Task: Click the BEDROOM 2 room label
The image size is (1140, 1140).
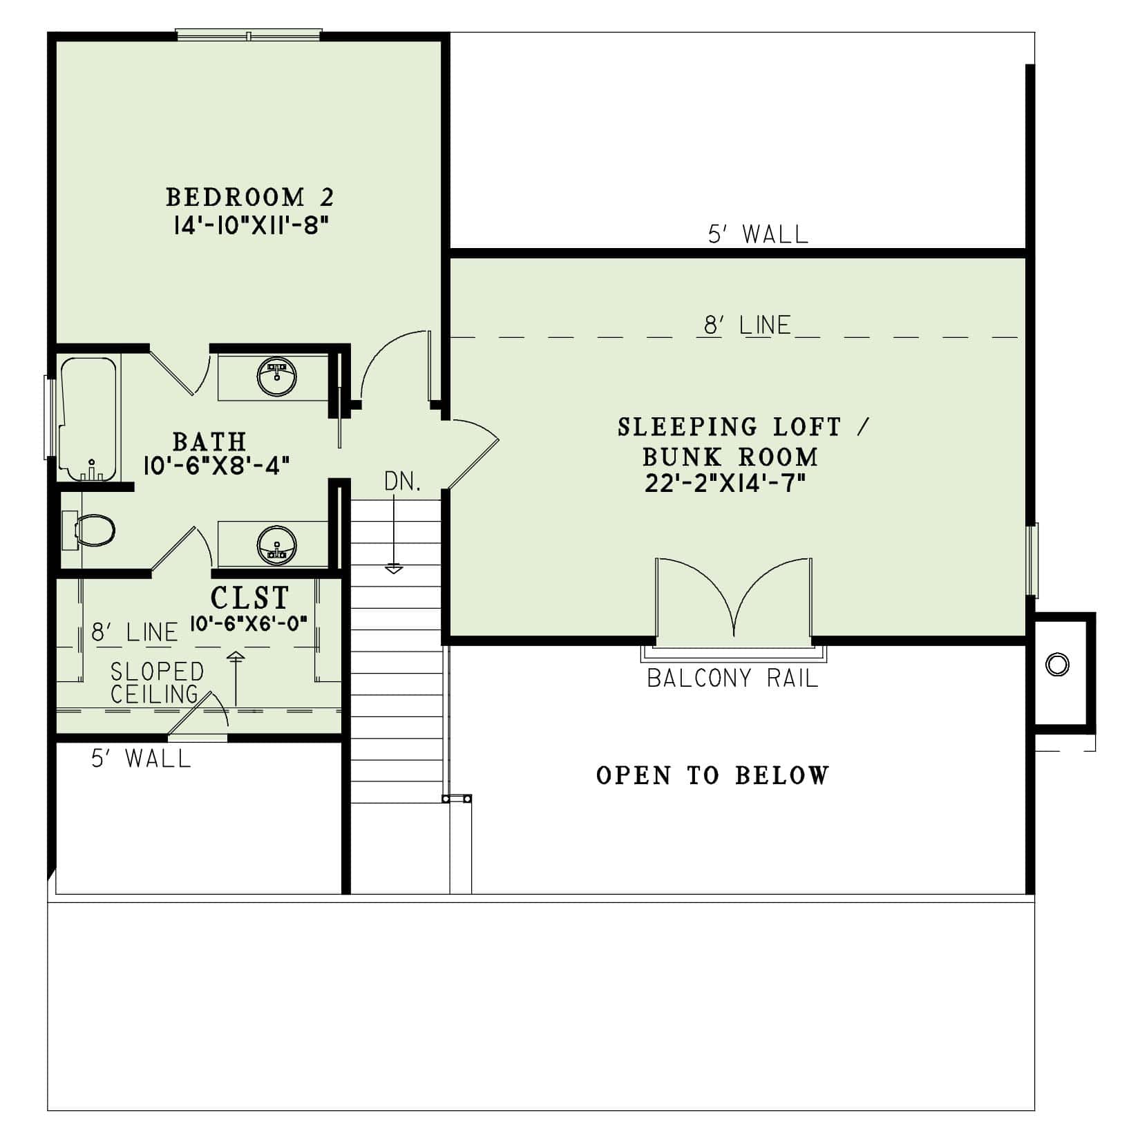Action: tap(249, 198)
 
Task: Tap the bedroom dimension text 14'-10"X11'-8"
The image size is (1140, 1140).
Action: tap(249, 226)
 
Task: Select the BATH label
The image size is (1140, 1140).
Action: tap(209, 441)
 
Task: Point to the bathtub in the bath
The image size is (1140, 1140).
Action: tap(88, 419)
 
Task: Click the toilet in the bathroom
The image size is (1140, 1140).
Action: tap(93, 531)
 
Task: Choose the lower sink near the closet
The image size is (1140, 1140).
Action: tap(276, 544)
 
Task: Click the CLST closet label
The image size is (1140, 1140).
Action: tap(249, 597)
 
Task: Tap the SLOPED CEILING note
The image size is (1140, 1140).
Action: tap(158, 683)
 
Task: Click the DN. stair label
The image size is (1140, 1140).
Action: tap(403, 482)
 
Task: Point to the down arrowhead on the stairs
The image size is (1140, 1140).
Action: tap(394, 569)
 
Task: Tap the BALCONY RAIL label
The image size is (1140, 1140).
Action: tap(732, 678)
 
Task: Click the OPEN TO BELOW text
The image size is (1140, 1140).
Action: tap(712, 776)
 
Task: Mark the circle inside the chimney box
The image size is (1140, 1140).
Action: tap(1058, 665)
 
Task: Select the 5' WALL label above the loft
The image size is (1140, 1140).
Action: tap(758, 235)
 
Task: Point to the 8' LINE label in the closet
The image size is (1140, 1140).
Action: tap(135, 632)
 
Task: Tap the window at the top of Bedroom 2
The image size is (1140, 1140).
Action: tap(249, 35)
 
